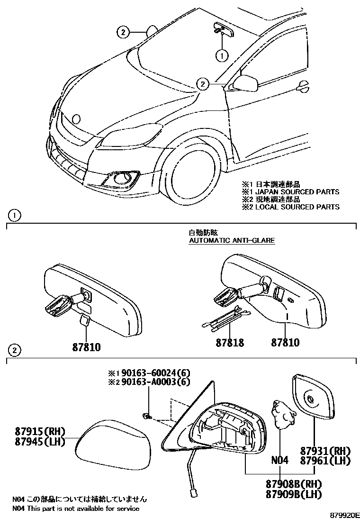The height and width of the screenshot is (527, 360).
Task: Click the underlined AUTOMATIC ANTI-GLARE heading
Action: [232, 240]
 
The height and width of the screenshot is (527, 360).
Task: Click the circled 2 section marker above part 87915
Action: [15, 351]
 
